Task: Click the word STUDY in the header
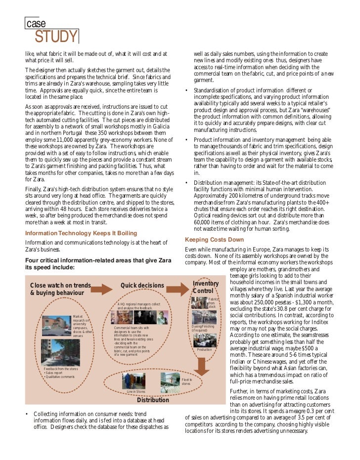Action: (56, 37)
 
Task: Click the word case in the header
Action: (36, 23)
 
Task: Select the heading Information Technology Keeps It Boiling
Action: (81, 233)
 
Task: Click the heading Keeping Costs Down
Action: (214, 240)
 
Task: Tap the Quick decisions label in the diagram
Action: (142, 286)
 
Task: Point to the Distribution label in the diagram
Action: (153, 400)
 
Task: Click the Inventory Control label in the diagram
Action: (206, 287)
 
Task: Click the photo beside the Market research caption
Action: (57, 327)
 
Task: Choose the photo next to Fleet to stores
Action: (170, 380)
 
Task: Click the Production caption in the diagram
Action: (204, 349)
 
